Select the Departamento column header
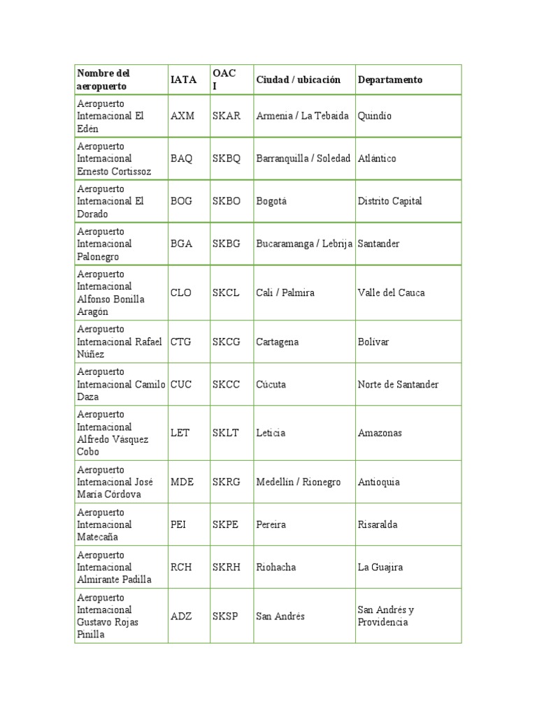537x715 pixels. pos(389,80)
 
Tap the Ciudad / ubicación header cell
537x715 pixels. pos(298,80)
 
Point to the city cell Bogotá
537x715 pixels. pos(272,201)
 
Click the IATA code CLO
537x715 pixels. pos(180,293)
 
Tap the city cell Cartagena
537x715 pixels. pos(278,341)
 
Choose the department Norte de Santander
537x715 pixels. pos(398,384)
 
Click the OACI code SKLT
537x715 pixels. pos(225,433)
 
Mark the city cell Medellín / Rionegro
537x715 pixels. pos(299,482)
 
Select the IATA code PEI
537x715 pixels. pos(178,524)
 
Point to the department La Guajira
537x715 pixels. pos(380,567)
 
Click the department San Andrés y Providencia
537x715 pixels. pos(385,616)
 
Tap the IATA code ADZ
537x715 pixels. pos(180,616)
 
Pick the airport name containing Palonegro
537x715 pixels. pos(105,244)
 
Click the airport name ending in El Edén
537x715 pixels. pos(110,116)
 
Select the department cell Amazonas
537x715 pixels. pos(380,433)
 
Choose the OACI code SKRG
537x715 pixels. pos(226,482)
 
